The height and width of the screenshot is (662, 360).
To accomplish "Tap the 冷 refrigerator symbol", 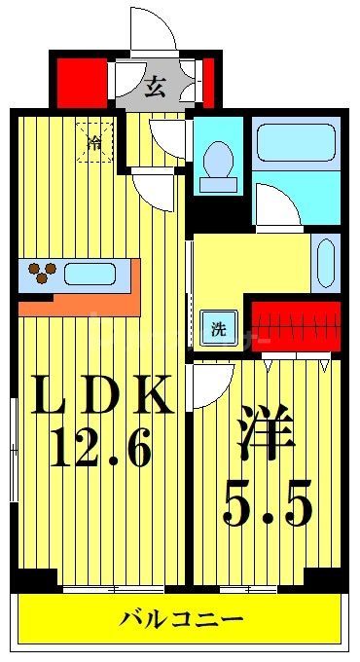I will point(94,143).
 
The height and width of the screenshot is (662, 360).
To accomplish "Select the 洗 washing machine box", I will point(219,329).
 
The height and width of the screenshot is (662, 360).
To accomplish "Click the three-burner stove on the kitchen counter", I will point(40,274).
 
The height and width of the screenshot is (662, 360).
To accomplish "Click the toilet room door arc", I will point(167,139).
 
